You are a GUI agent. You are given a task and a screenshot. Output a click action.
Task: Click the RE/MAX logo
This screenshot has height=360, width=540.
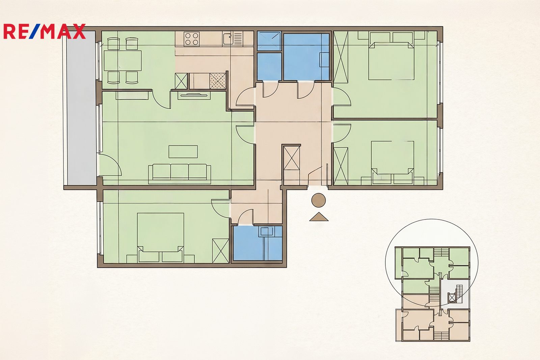pos(45,31)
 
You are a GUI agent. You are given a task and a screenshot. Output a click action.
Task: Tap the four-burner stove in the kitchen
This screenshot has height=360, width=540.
pos(191,39)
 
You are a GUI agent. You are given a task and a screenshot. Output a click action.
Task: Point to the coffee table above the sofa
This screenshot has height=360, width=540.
pos(183,152)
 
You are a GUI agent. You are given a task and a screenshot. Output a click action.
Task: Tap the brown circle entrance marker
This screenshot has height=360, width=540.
pos(319,200)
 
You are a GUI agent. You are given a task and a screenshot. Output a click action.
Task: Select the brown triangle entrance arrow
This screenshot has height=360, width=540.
pos(319,217)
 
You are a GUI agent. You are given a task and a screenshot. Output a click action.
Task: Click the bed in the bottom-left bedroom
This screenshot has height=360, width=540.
pos(160,238)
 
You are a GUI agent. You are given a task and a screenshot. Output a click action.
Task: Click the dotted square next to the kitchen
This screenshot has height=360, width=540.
pos(218,81)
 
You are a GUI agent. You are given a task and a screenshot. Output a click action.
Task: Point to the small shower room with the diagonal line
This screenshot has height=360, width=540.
pos(269,41)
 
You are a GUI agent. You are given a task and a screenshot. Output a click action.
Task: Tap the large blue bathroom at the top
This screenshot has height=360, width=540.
pos(306,57)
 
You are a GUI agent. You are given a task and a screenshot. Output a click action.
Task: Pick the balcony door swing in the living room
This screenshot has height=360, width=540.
pos(110,165)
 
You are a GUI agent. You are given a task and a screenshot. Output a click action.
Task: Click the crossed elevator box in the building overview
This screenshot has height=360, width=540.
pos(452,298)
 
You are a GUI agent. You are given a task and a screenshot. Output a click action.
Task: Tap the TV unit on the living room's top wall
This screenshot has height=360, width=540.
pos(194,96)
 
